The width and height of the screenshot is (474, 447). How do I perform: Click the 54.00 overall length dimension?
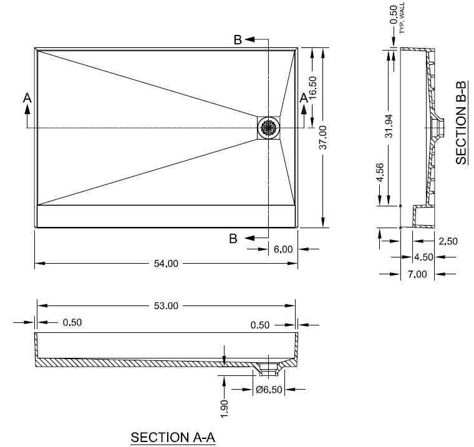tap(165, 264)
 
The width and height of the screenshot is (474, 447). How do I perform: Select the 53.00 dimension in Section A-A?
tap(166, 305)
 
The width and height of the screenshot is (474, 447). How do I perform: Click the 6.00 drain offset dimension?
tap(283, 249)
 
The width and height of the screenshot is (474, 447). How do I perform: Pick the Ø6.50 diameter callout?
tap(269, 390)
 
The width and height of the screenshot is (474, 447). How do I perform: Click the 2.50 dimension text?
tap(448, 241)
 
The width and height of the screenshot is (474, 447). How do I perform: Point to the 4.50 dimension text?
tap(423, 257)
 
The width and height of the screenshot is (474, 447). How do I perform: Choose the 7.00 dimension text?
tap(417, 274)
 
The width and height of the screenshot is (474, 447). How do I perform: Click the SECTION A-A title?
tap(173, 438)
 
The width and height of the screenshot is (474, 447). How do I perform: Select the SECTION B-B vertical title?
tap(461, 122)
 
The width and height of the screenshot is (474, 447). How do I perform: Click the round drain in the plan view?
tap(269, 128)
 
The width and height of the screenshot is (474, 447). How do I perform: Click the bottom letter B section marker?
tap(233, 238)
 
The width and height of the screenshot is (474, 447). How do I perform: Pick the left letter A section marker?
tap(27, 98)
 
